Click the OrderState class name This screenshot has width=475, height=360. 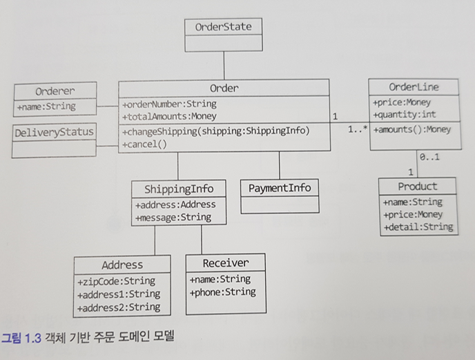(223, 27)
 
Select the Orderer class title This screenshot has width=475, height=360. (55, 91)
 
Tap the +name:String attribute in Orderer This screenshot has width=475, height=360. (46, 106)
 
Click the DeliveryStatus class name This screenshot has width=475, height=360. (54, 131)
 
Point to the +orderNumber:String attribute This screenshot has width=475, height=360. (169, 104)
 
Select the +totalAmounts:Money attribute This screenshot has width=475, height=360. (169, 117)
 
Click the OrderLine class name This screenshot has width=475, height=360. (414, 87)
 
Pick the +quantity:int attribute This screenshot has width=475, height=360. (404, 115)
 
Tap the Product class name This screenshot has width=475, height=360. (418, 187)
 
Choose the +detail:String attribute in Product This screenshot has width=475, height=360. (418, 227)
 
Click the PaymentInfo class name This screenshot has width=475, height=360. (280, 187)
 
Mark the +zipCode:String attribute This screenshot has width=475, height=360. (117, 281)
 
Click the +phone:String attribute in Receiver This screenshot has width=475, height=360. (222, 292)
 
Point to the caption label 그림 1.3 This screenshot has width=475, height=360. (20, 338)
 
